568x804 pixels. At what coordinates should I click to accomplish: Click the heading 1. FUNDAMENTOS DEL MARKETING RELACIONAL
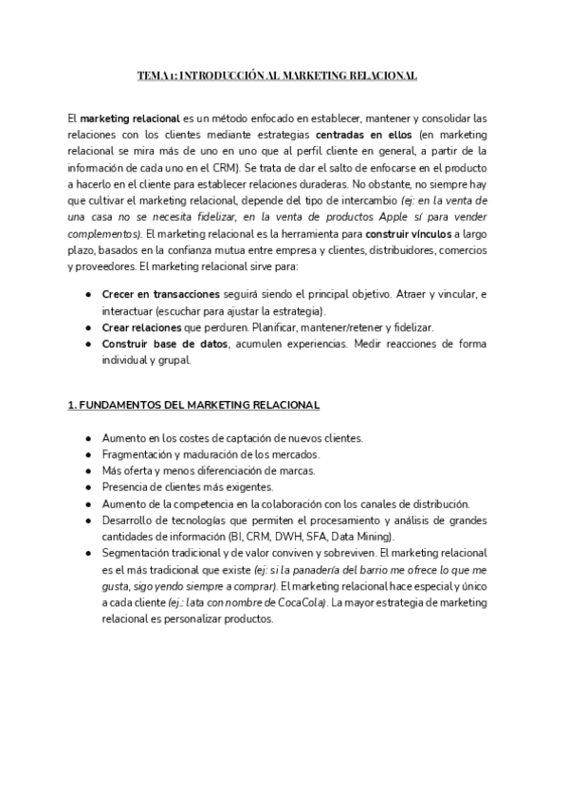point(193,405)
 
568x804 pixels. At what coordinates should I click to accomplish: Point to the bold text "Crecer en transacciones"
point(160,294)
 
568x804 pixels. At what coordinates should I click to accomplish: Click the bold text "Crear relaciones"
point(141,326)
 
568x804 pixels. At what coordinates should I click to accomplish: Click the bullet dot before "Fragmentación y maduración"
point(88,454)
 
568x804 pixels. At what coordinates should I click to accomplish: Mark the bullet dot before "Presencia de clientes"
point(88,486)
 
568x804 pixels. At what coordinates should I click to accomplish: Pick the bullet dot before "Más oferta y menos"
point(88,470)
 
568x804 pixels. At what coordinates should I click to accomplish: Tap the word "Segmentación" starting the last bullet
point(137,552)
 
